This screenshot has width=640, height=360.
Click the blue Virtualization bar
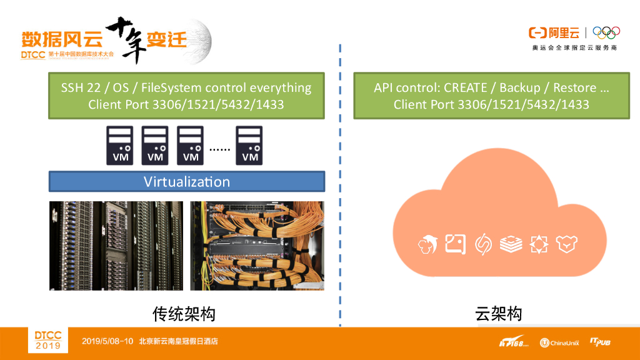point(186,182)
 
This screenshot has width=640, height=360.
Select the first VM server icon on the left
point(121,146)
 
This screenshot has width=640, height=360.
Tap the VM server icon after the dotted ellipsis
point(249,146)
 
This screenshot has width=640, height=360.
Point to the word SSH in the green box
point(72,88)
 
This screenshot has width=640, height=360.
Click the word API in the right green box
point(385,88)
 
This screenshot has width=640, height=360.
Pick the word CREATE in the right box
point(468,88)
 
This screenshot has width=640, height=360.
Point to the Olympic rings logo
point(606,32)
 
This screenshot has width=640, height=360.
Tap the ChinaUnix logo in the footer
point(560,342)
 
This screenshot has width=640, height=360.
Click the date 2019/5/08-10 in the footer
point(107,342)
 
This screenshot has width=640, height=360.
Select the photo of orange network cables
point(257,246)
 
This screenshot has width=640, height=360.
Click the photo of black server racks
point(116,246)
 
